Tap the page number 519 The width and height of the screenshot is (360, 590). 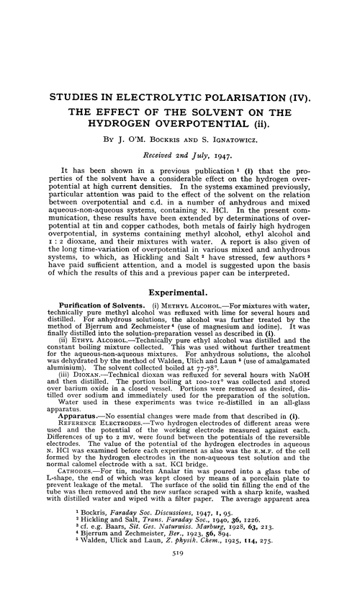180,576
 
